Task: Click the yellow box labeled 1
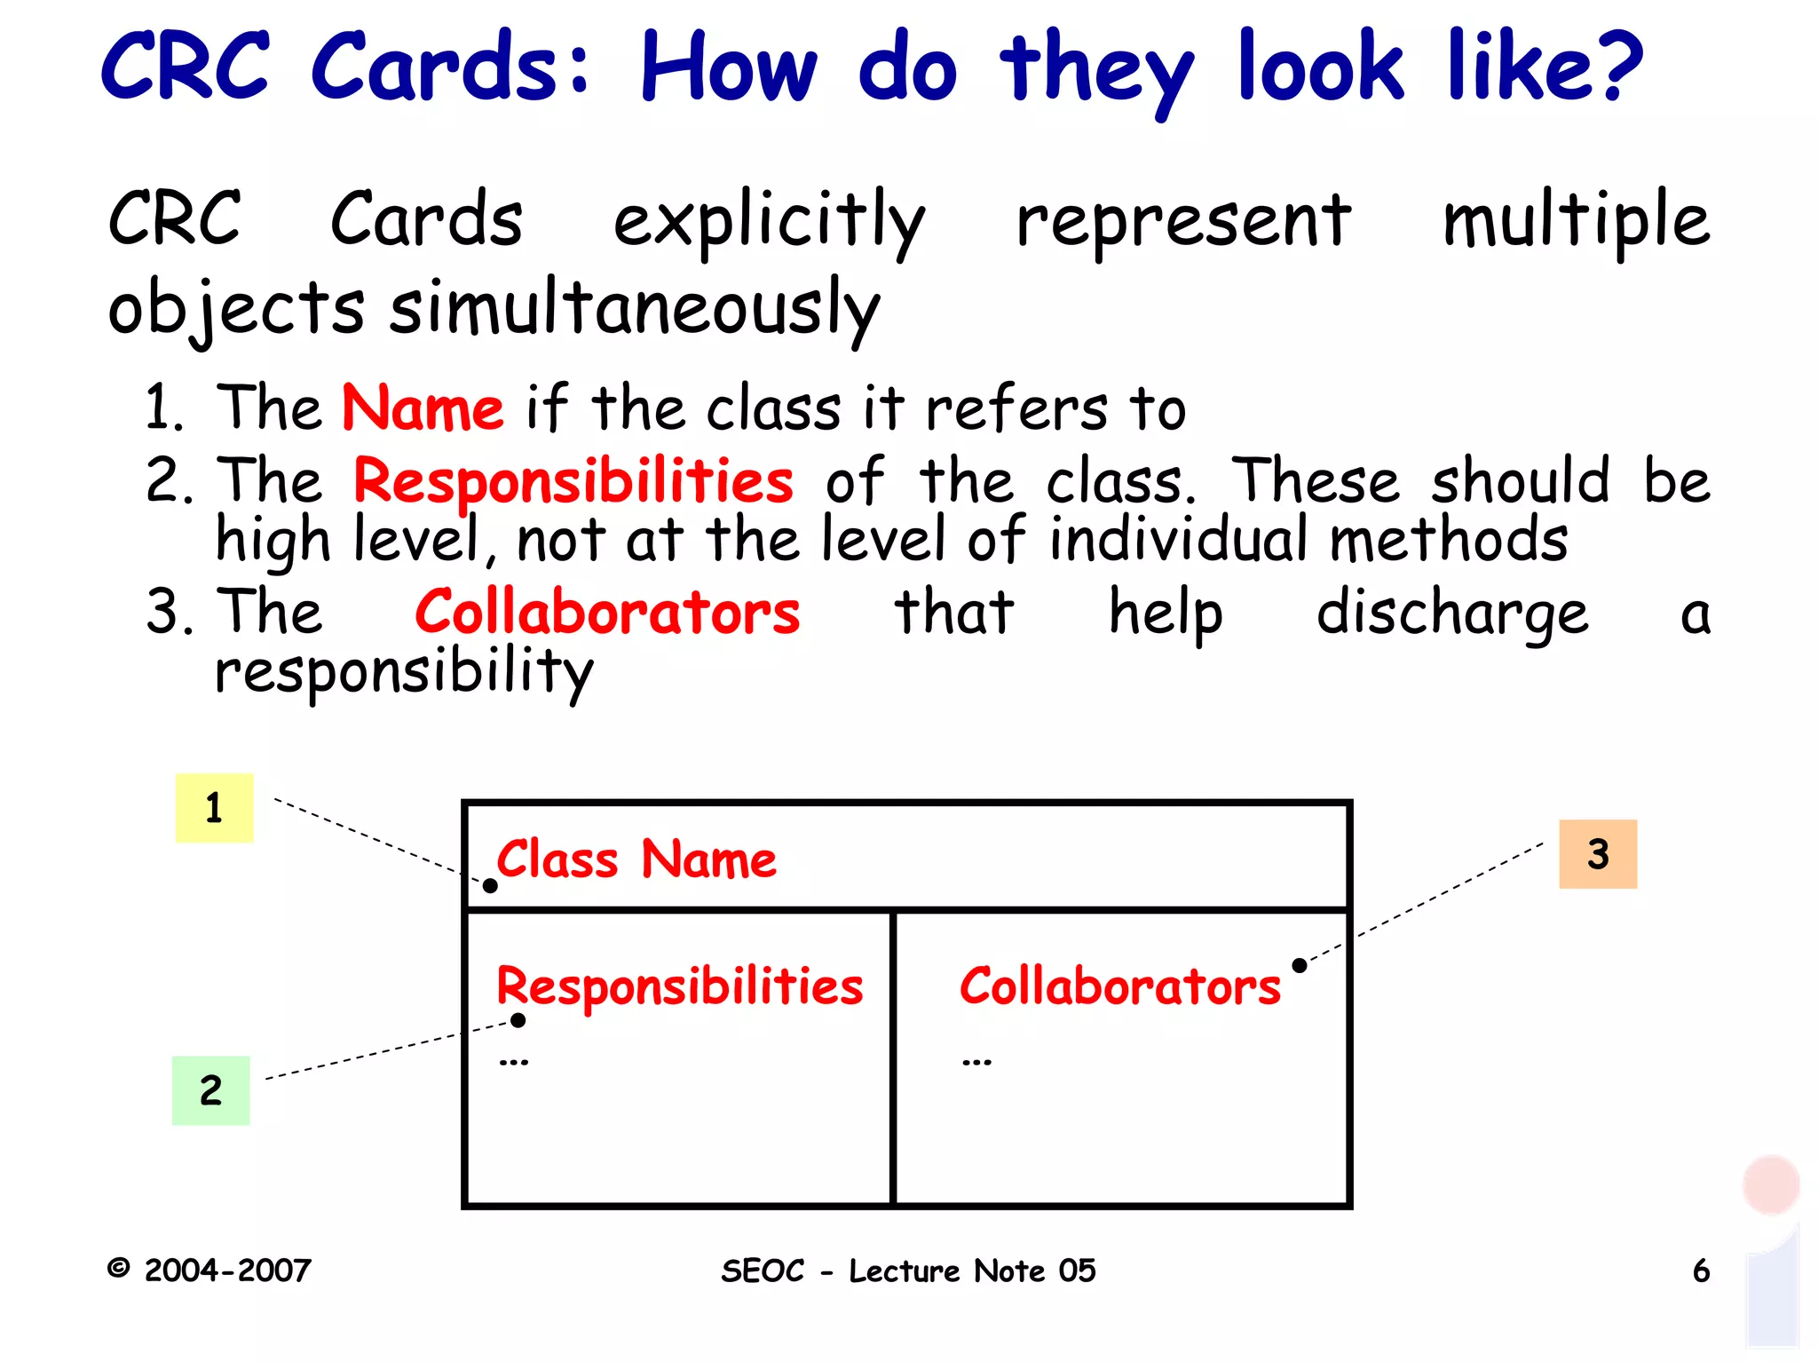click(214, 808)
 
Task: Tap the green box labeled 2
click(210, 1090)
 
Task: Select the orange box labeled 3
click(1598, 854)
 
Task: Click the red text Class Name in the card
click(636, 859)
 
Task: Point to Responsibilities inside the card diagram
click(679, 986)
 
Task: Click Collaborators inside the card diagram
click(1119, 986)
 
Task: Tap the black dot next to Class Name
click(490, 885)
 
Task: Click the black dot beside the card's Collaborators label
click(1300, 965)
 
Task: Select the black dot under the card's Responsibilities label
click(518, 1021)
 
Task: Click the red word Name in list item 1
click(423, 408)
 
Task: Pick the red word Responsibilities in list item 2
click(573, 481)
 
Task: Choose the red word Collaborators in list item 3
click(607, 613)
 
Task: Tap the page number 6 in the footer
click(1701, 1271)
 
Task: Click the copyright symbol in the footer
click(118, 1268)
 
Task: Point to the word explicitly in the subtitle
click(769, 222)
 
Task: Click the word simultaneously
click(635, 309)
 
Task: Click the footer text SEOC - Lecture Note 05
click(908, 1271)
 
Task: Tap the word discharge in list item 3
click(1452, 614)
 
